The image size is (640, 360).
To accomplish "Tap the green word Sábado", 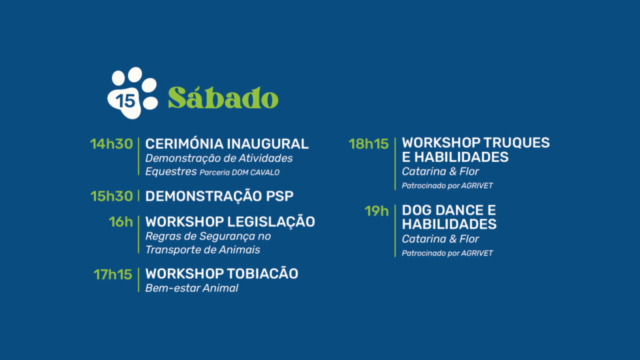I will [x=223, y=98].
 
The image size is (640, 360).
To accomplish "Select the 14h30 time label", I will [x=111, y=144].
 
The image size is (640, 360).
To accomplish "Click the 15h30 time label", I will [x=111, y=196].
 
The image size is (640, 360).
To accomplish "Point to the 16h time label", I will [x=121, y=221].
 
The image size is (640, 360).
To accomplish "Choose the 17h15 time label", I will [x=113, y=274].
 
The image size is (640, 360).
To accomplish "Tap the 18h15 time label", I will [x=368, y=144].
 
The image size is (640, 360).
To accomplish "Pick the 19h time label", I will [x=376, y=211].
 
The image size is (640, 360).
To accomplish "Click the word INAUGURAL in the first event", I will [x=267, y=144].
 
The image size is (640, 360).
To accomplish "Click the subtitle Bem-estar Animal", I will [x=191, y=288].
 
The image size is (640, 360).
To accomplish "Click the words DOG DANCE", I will [x=436, y=210].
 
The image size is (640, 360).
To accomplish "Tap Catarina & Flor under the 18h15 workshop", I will [x=440, y=171].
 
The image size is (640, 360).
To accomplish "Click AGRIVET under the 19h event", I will [x=477, y=253].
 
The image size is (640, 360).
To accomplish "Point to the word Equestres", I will [x=170, y=171].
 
